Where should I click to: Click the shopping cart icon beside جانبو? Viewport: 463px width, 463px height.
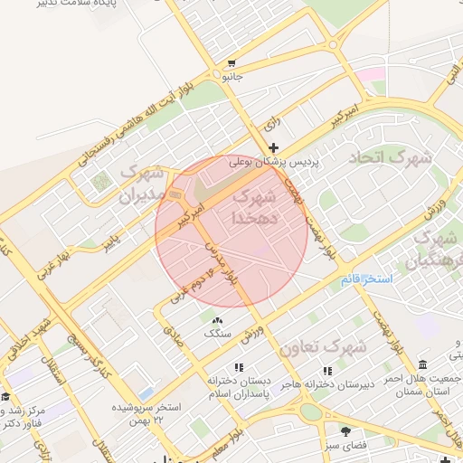click(232, 64)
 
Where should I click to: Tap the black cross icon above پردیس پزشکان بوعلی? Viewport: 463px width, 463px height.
click(274, 146)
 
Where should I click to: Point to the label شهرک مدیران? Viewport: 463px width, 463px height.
click(141, 184)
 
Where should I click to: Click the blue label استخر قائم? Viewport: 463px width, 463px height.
click(366, 279)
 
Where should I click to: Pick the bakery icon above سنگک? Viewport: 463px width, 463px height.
click(216, 321)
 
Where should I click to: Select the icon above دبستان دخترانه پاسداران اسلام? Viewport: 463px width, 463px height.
click(239, 368)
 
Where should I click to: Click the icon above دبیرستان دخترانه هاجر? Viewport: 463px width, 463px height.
click(327, 371)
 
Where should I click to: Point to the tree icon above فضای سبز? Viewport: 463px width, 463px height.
click(345, 430)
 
